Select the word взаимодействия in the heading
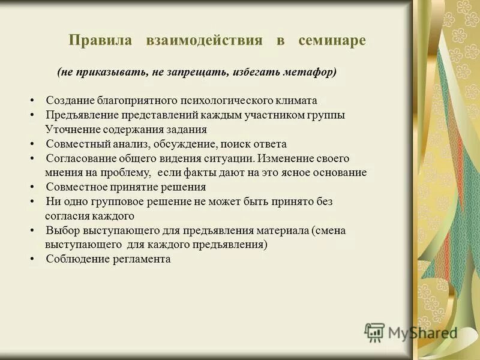[204, 41]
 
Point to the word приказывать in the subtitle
[115, 72]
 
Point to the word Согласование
[77, 158]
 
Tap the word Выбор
[59, 230]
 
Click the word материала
[268, 230]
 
